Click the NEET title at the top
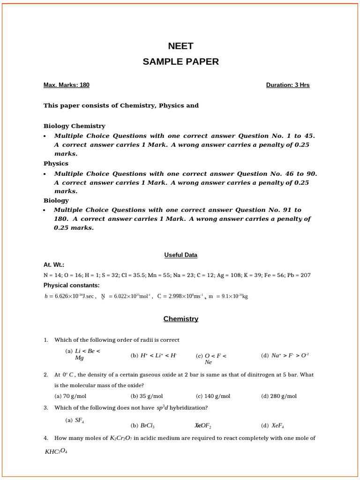tap(180, 46)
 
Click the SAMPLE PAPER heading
tap(180, 62)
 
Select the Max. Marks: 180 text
tap(66, 85)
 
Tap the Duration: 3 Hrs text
tap(288, 85)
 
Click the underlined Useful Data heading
tap(180, 255)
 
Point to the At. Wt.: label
tap(54, 265)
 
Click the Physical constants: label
tap(71, 285)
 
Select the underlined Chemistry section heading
tap(180, 319)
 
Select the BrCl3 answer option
tap(143, 426)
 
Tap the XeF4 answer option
tap(273, 426)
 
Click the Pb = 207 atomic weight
tap(299, 275)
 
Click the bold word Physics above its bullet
tap(56, 164)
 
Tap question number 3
tap(46, 408)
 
